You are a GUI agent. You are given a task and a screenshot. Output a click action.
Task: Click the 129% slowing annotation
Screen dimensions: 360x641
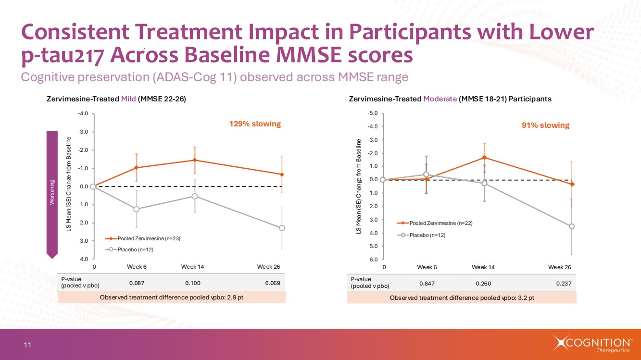(254, 124)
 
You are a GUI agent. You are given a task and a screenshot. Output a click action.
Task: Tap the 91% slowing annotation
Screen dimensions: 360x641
(545, 125)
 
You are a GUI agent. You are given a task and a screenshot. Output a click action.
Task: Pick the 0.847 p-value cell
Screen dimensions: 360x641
(427, 284)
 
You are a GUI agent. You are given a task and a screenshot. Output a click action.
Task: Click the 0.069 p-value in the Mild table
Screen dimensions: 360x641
(273, 283)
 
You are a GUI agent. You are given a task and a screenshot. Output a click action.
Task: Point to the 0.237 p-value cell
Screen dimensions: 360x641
(564, 284)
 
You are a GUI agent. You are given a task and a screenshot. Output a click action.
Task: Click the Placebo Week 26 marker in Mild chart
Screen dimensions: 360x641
(282, 228)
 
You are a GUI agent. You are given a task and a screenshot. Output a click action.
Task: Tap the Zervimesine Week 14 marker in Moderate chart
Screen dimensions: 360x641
(484, 158)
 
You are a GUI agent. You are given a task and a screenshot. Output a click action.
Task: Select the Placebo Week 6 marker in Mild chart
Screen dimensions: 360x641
(137, 209)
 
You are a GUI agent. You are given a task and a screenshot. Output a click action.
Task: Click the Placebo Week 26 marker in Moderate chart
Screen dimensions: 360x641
(572, 226)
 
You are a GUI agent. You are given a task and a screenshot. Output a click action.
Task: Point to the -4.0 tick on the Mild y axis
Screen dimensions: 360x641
(83, 113)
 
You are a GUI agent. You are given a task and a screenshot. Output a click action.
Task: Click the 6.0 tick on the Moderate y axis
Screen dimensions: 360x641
(373, 260)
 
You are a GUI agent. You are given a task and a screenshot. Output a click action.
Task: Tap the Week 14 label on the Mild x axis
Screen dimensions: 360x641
(193, 267)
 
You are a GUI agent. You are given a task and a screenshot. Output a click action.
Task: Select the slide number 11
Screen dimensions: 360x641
(27, 345)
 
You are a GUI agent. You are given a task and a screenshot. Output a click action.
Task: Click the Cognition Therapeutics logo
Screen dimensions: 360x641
(592, 344)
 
